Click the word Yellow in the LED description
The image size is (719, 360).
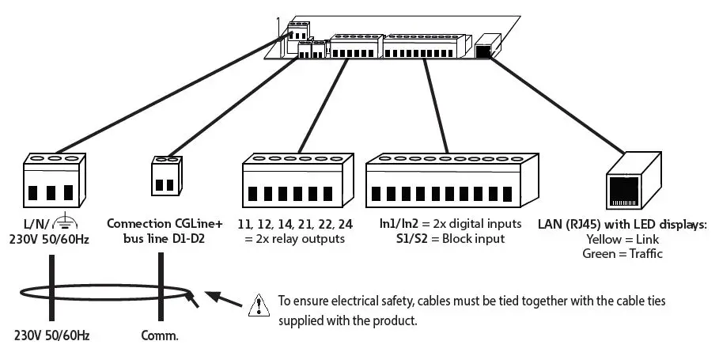[604, 239]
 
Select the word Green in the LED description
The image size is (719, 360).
[600, 253]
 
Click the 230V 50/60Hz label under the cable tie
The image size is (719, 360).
[52, 335]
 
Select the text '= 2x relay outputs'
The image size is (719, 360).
[295, 239]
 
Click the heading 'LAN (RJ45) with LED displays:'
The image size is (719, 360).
[621, 225]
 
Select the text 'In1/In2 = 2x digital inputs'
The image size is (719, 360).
[450, 225]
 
